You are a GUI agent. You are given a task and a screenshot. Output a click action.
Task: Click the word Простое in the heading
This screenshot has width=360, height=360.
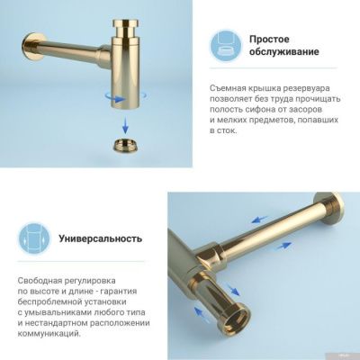coord(269,40)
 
